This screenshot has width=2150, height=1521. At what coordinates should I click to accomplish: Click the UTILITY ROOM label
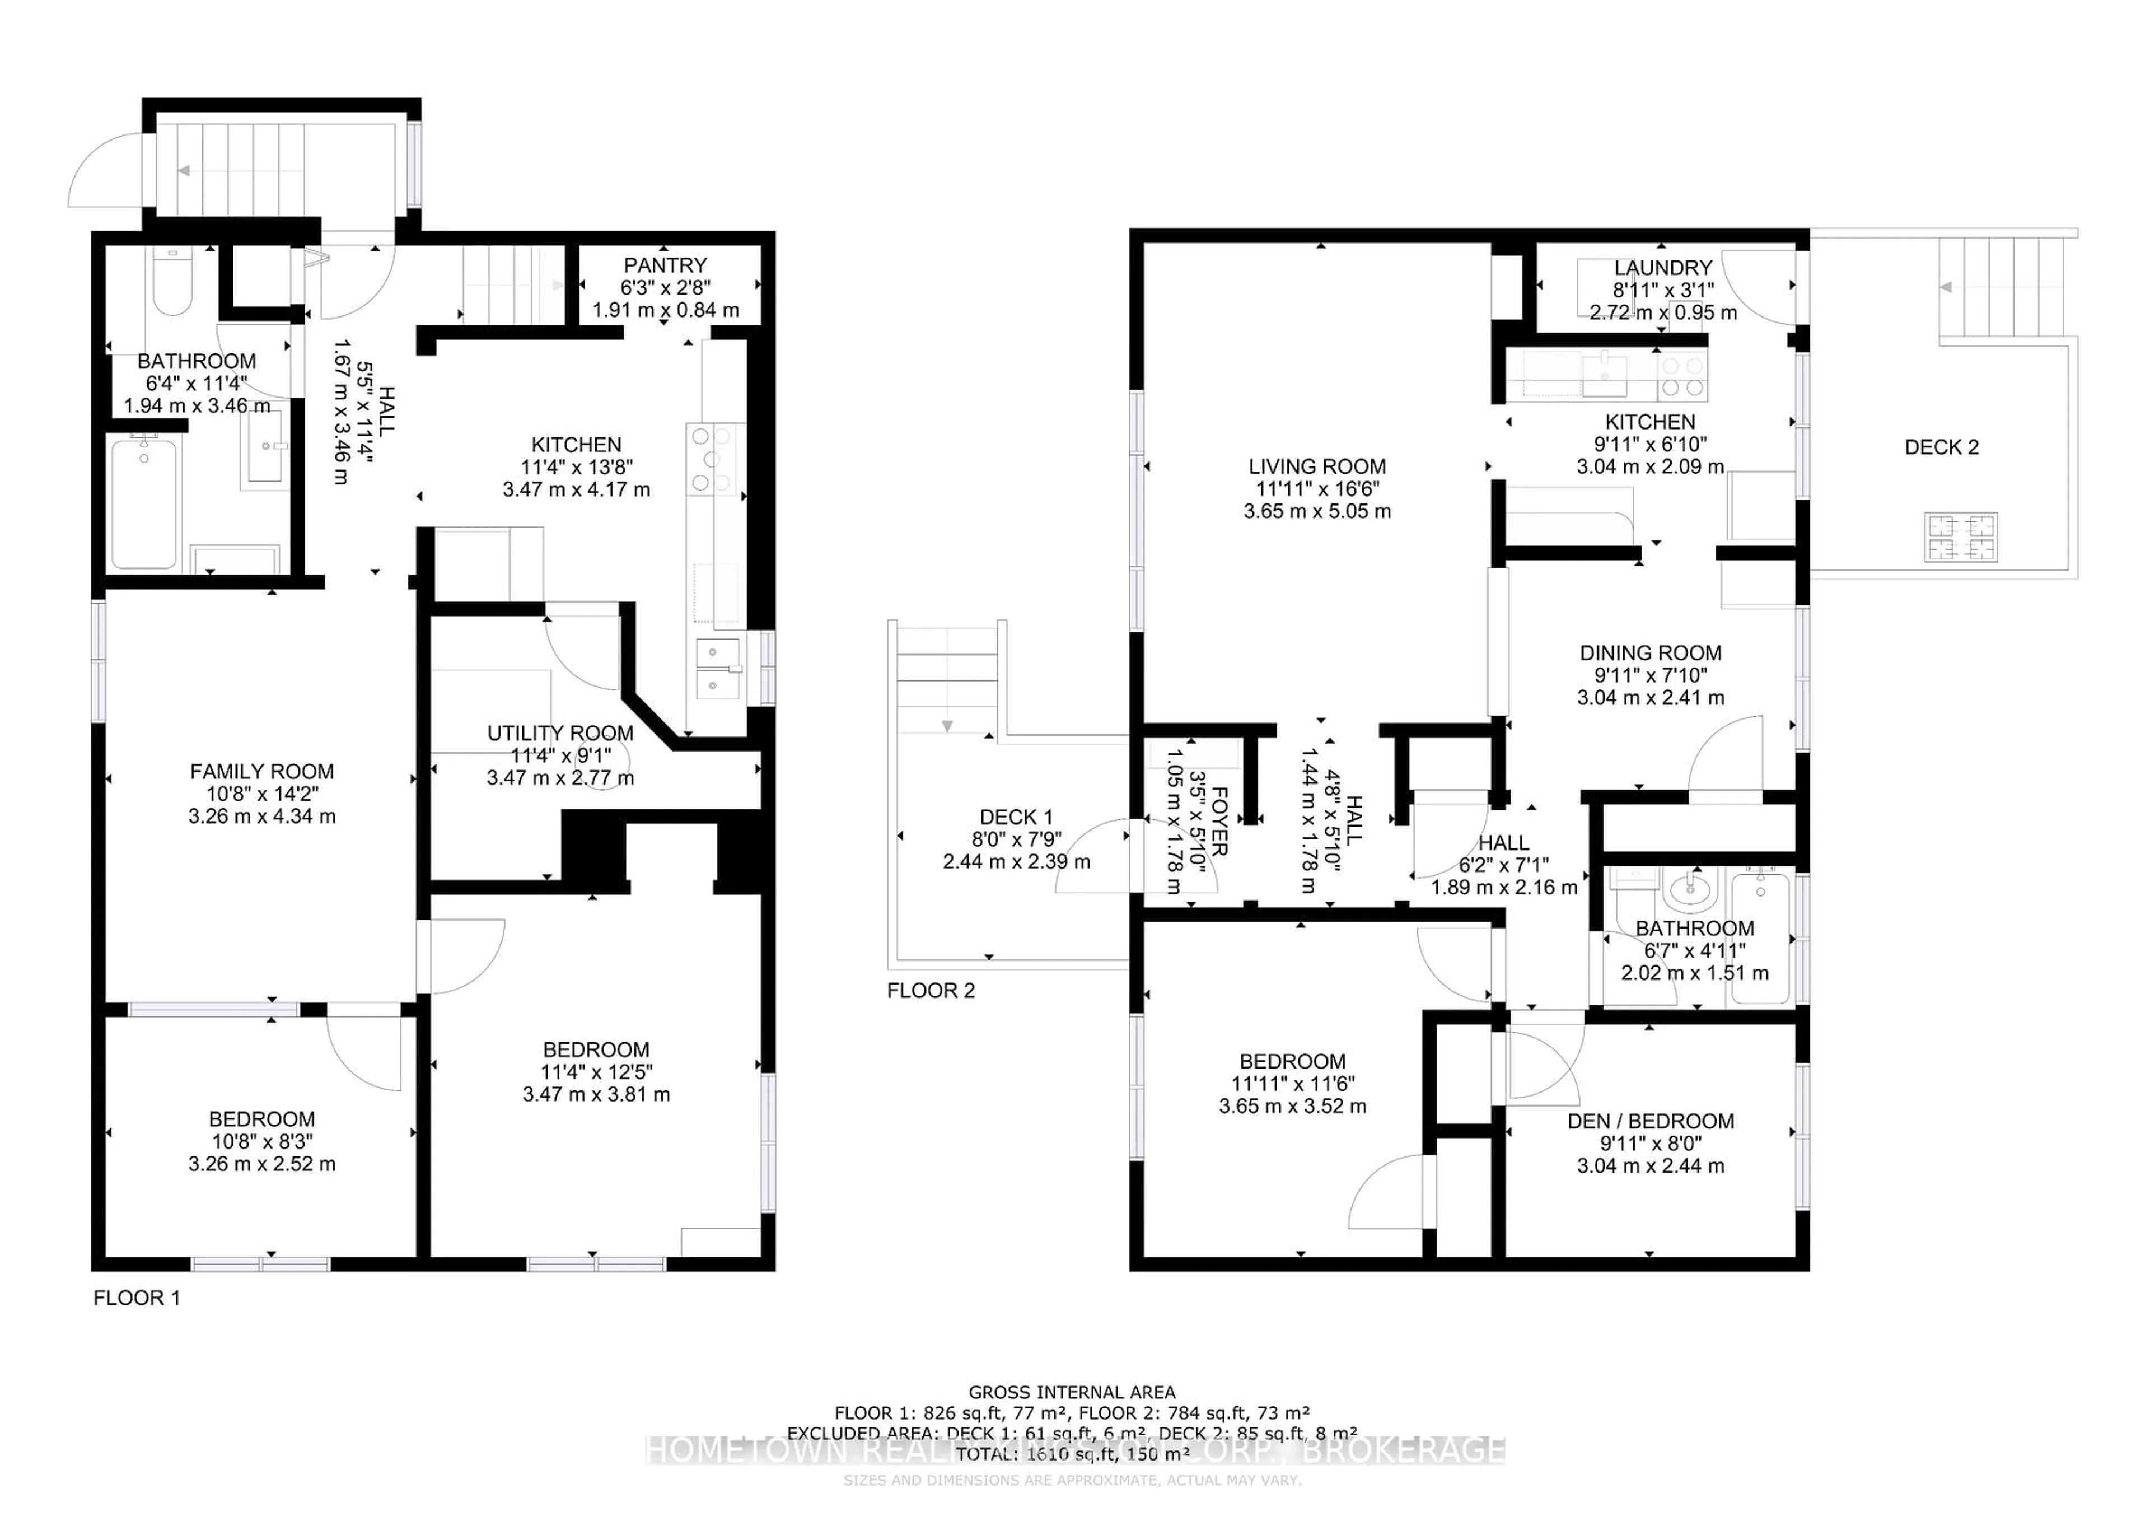(560, 734)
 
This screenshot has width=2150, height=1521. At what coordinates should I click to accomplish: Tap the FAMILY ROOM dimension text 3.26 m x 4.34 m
(261, 816)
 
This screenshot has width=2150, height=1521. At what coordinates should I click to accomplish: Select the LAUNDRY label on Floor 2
(1662, 268)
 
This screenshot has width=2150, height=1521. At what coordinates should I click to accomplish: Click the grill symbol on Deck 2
(1961, 536)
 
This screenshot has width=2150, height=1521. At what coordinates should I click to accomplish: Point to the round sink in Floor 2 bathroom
(1690, 890)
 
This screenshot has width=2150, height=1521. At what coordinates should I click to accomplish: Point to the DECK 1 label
(1016, 817)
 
